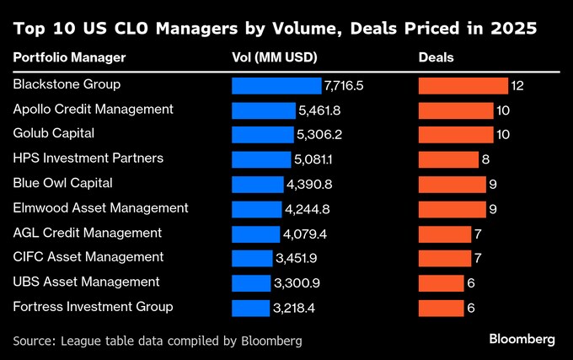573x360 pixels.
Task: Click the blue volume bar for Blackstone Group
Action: [276, 86]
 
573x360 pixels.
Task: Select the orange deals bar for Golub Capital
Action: [456, 135]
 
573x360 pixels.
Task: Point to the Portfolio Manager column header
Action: [70, 58]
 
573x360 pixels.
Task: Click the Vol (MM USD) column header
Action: [273, 58]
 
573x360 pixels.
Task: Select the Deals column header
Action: [436, 58]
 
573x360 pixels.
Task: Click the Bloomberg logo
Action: [522, 339]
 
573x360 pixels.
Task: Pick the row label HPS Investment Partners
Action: [88, 158]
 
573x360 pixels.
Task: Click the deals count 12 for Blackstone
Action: [517, 86]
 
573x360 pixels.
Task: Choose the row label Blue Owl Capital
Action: [63, 182]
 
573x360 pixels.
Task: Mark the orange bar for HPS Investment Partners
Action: [448, 159]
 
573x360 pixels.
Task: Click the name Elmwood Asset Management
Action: [101, 207]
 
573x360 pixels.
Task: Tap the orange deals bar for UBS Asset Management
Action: [441, 283]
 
